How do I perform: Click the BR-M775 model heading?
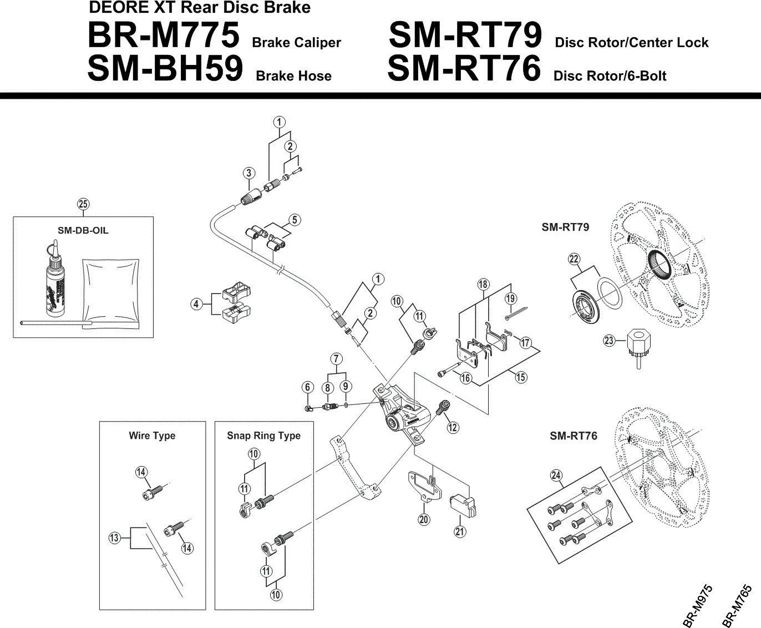(163, 37)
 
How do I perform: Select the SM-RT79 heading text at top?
(464, 37)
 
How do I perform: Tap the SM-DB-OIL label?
(84, 230)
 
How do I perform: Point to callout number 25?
(83, 204)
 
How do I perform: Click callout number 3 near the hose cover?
(249, 173)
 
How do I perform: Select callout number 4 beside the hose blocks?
(195, 304)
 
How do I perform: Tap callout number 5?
(295, 220)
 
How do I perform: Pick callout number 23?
(609, 341)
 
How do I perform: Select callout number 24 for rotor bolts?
(556, 475)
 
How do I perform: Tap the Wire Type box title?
(152, 435)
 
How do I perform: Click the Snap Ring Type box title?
(263, 435)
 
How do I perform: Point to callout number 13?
(114, 538)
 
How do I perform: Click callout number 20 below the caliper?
(424, 519)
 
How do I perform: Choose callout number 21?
(460, 531)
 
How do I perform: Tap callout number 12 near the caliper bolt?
(453, 427)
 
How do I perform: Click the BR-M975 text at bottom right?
(698, 606)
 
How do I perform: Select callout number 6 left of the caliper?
(308, 387)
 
